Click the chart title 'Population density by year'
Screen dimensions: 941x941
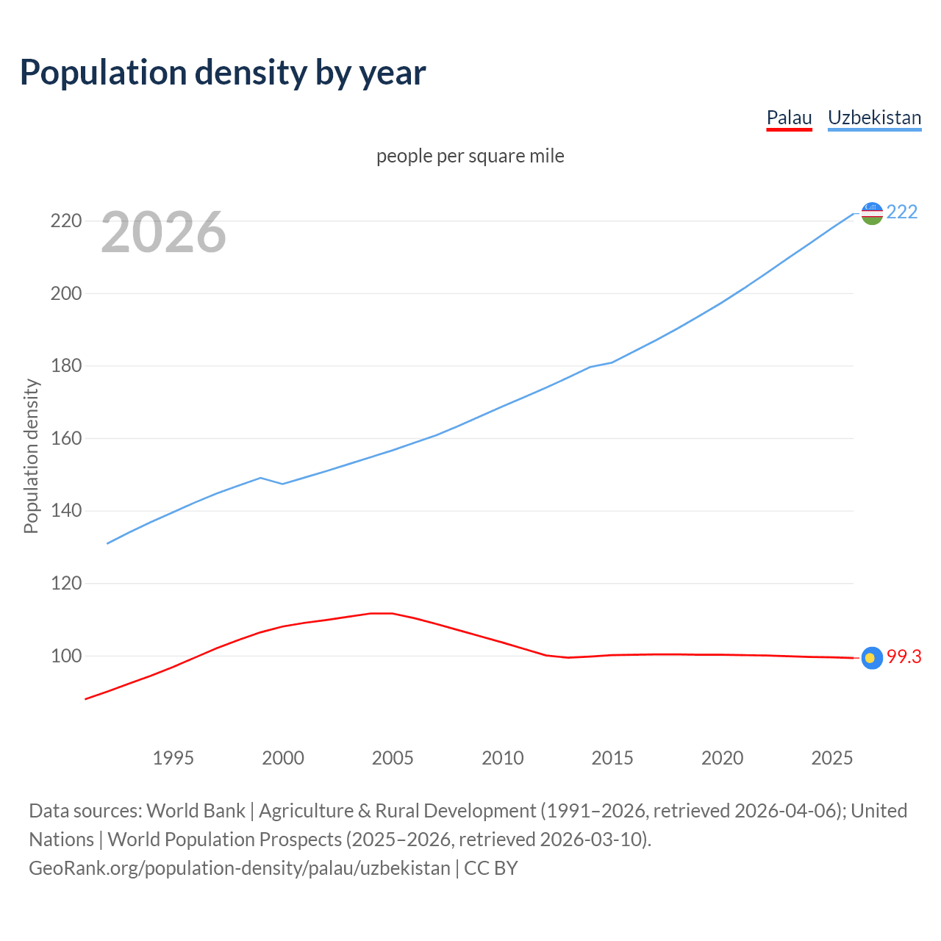223,72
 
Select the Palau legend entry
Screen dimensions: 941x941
789,118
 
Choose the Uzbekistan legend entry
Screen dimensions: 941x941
874,118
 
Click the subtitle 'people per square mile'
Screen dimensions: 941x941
470,156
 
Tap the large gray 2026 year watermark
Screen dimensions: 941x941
163,232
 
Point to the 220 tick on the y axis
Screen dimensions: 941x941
66,221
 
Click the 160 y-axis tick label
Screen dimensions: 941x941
66,438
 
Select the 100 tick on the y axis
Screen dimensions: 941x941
66,656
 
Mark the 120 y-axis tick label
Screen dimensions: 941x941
66,583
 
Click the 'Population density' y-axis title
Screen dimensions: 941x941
31,456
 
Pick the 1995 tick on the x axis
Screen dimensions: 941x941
173,758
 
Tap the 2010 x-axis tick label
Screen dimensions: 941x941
502,758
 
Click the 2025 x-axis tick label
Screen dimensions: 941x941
831,758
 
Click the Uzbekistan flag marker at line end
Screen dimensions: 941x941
872,213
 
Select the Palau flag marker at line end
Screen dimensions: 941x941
872,658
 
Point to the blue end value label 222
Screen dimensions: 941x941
902,212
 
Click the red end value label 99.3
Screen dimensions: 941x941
904,657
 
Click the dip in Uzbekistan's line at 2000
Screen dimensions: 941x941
282,484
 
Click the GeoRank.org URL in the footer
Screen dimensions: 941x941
239,868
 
